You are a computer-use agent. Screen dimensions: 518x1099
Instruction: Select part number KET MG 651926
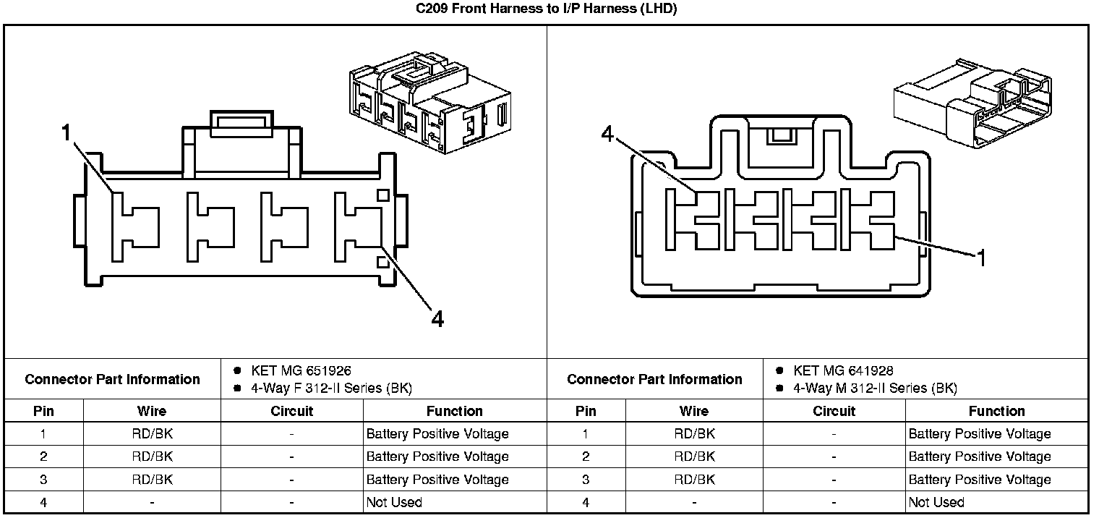coord(301,370)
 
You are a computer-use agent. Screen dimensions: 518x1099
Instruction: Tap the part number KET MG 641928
coord(843,370)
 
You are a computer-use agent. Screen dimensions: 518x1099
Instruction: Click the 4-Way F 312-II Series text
coord(331,388)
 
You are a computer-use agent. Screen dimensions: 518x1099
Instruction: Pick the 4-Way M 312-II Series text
coord(875,388)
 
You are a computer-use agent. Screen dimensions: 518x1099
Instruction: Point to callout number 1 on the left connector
coord(67,132)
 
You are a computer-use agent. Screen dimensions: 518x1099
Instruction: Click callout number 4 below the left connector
coord(437,318)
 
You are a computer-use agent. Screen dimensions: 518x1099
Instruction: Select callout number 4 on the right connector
coord(607,134)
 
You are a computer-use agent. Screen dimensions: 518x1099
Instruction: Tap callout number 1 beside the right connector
coord(981,258)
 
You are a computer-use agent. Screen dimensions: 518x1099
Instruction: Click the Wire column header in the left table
coord(152,411)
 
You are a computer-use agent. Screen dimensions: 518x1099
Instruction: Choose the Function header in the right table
coord(996,411)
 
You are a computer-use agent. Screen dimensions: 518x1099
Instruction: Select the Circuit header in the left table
coord(291,411)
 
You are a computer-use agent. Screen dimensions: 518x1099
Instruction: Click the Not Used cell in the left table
coord(394,502)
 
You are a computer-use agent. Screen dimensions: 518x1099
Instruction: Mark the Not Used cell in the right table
coord(936,502)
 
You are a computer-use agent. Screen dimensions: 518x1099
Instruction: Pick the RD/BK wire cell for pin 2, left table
coord(152,457)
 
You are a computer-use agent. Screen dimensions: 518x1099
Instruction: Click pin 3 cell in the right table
coord(586,479)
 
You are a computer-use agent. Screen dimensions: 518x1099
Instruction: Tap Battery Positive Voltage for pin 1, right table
coord(979,434)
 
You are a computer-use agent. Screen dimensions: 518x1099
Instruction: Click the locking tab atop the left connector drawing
coord(241,124)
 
